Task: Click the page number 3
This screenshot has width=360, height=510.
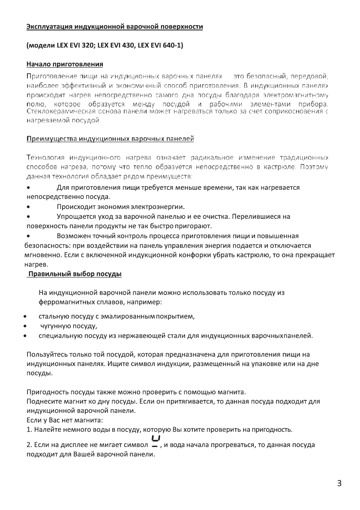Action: click(x=339, y=484)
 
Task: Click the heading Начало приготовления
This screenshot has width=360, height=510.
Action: click(x=65, y=65)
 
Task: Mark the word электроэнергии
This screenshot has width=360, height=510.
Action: click(x=157, y=206)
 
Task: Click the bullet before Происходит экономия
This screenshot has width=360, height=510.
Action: click(x=28, y=206)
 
